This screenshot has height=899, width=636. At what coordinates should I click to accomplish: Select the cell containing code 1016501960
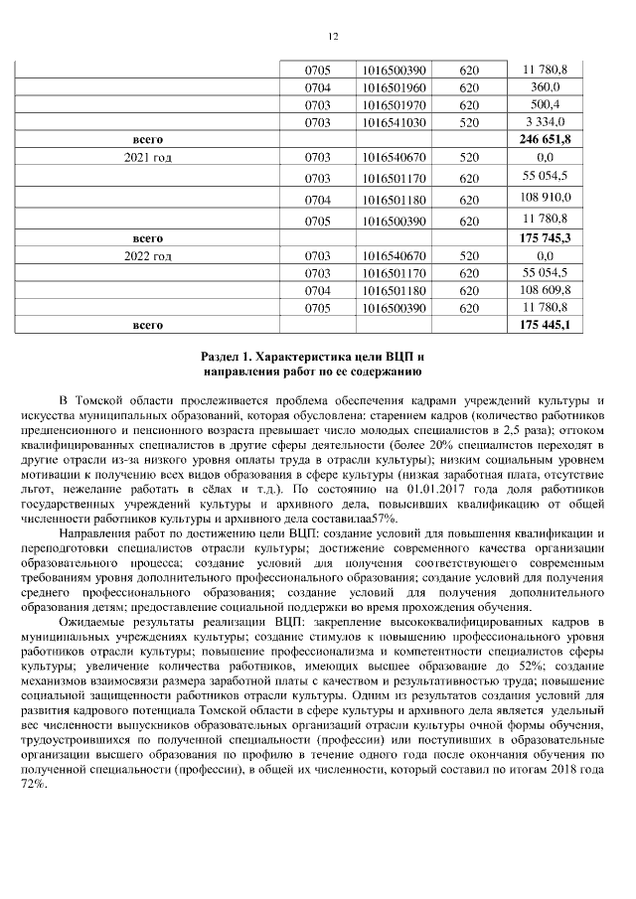tap(395, 87)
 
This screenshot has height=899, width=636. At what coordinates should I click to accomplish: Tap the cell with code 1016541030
tap(395, 121)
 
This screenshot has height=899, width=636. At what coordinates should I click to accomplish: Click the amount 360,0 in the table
tap(545, 87)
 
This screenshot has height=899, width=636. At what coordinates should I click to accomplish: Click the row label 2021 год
tap(147, 157)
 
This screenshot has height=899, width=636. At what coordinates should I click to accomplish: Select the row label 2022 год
tap(147, 256)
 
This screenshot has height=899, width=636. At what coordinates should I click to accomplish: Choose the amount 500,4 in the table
tap(545, 104)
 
